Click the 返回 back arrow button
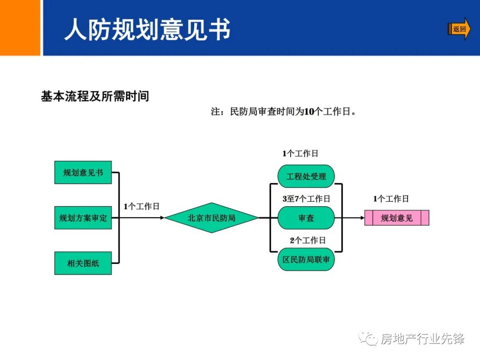[x=459, y=29]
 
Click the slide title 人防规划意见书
[x=148, y=30]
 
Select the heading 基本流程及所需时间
[x=95, y=96]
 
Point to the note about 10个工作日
[x=284, y=112]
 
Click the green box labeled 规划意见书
[x=83, y=172]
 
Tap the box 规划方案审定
[x=83, y=218]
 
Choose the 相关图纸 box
[x=83, y=263]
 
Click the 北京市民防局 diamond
[x=212, y=218]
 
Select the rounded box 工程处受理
[x=306, y=176]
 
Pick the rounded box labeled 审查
[x=306, y=218]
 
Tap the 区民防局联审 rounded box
[x=306, y=260]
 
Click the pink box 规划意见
[x=396, y=218]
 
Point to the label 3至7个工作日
[x=306, y=199]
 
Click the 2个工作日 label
[x=308, y=240]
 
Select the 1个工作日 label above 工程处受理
[x=300, y=154]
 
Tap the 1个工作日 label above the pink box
[x=391, y=199]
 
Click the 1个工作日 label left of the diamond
[x=141, y=206]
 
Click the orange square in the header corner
[x=20, y=28]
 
